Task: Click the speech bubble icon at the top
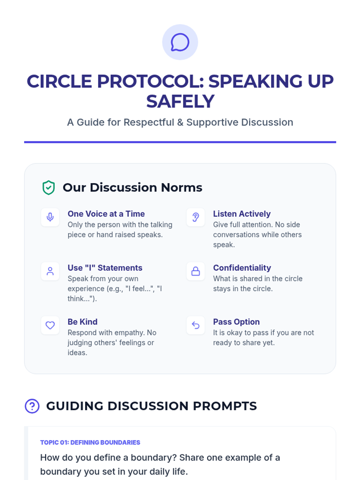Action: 180,42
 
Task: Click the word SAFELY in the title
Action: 180,101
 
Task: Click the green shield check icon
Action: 49,187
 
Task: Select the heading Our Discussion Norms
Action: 133,187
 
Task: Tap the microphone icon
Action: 50,217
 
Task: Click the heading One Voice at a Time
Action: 106,214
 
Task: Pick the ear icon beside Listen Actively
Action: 196,217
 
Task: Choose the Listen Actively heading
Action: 242,214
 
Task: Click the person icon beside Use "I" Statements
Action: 50,271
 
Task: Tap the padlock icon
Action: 196,271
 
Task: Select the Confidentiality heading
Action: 242,268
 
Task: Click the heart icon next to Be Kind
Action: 50,325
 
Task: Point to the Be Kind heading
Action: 82,322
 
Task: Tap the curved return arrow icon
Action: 196,325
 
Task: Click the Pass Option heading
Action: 236,322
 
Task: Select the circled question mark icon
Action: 32,406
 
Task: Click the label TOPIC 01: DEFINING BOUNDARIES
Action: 90,442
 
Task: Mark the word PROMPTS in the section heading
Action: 225,406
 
